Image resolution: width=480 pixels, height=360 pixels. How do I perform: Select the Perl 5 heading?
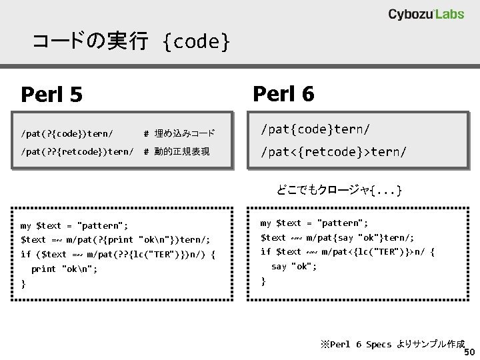coord(52,95)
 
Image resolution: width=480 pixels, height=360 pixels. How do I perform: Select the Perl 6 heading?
coord(283,93)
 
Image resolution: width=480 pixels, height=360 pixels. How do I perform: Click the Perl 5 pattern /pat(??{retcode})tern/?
coord(77,151)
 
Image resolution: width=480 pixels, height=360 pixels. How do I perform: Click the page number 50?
coord(469,352)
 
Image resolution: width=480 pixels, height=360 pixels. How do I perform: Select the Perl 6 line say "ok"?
coord(294,266)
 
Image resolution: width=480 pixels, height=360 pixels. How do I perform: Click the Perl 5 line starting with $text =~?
coord(116,239)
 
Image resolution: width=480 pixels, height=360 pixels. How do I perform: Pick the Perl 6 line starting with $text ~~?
coord(337,237)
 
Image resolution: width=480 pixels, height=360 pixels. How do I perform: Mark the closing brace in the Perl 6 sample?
coord(263,281)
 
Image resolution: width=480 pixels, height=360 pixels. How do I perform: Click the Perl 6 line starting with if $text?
coord(347,251)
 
